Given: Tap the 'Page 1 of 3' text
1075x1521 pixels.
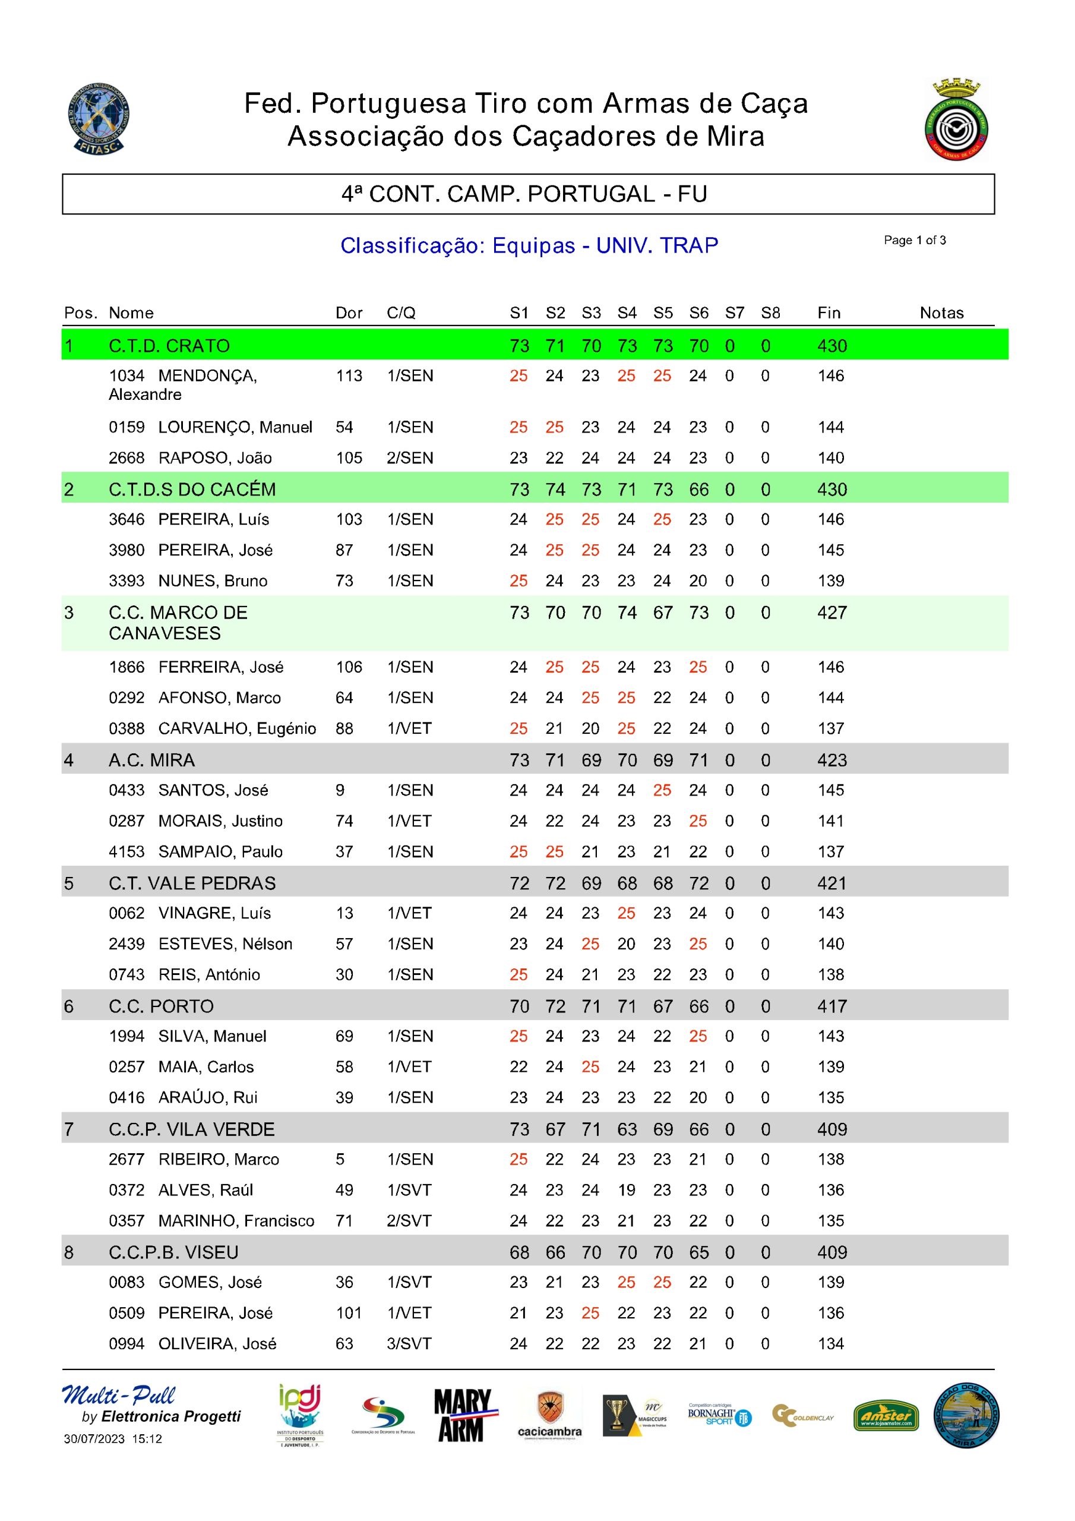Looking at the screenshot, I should point(914,241).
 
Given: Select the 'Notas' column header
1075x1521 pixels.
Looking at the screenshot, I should point(941,313).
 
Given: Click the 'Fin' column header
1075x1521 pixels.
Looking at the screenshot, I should point(829,313).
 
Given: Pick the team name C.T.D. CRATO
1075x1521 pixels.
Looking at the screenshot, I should point(169,346).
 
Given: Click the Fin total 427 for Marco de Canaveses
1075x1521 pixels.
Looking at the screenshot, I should point(832,613).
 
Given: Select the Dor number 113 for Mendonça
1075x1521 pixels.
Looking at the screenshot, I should point(349,376).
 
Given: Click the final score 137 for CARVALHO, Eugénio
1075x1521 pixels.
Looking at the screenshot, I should point(830,728).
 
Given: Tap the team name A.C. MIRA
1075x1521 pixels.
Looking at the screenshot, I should point(151,760).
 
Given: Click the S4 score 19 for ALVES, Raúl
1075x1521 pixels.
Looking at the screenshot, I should point(626,1191).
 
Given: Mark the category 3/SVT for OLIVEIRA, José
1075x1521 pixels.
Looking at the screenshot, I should point(409,1344).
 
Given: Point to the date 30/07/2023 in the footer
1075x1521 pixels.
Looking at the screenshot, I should point(94,1439).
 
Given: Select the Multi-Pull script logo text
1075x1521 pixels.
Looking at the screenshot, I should point(119,1396).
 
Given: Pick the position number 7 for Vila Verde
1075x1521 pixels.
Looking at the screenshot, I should point(69,1129).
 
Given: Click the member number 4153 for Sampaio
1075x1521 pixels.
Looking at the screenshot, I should point(127,852).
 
